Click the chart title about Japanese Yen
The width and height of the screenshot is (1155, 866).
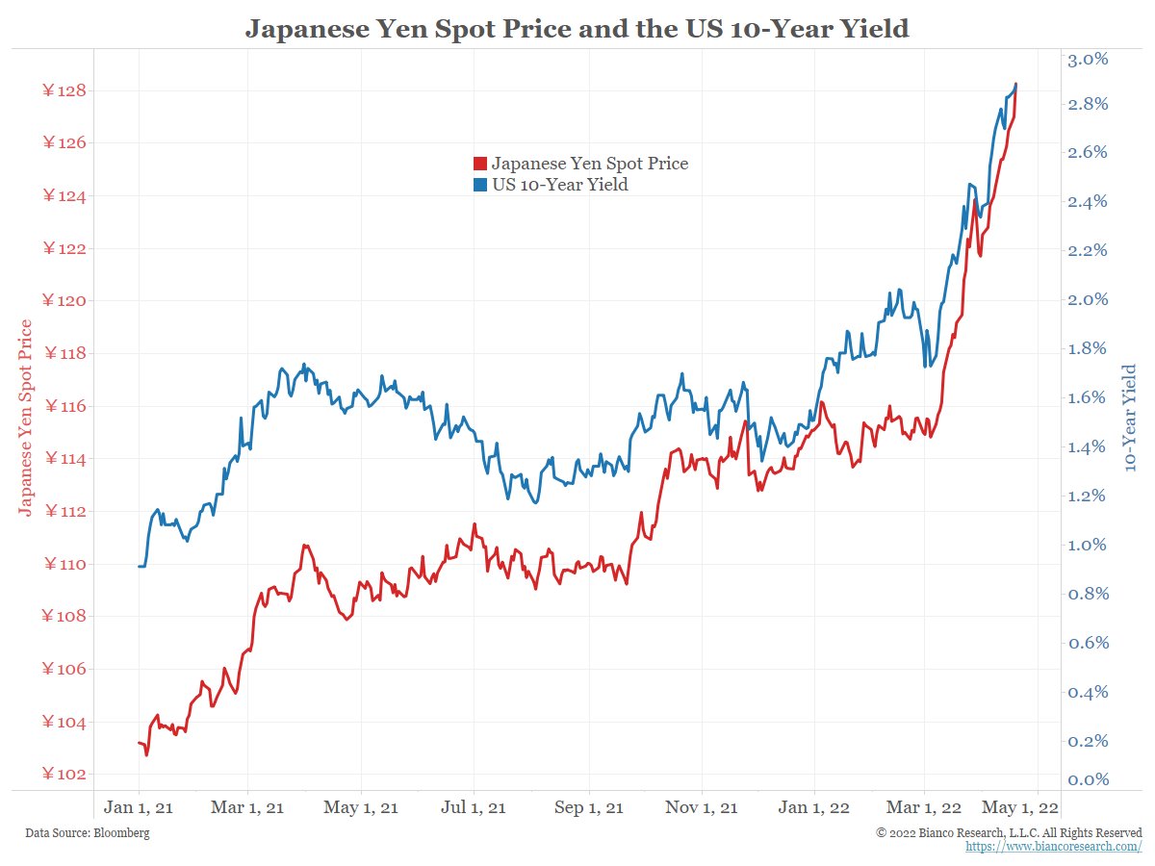[577, 29]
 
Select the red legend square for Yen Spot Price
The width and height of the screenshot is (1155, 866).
[480, 164]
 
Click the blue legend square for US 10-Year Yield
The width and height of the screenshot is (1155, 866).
[480, 185]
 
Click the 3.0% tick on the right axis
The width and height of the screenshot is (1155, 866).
[1089, 60]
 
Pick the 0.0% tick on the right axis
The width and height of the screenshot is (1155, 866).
[1089, 779]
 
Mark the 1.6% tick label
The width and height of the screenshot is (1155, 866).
[1089, 397]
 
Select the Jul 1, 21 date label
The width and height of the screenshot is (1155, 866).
[473, 807]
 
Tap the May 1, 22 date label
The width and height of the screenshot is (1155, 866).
[1020, 807]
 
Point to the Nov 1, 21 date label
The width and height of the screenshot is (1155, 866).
[702, 807]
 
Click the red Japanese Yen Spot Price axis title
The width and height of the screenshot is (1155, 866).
[26, 418]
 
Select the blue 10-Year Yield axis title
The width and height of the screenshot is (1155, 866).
[1130, 418]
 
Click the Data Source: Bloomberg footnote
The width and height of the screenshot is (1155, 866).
[88, 832]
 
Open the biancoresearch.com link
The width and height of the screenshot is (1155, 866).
[1054, 846]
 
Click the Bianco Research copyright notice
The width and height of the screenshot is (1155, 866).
[1010, 831]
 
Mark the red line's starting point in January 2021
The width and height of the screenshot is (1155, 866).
[139, 743]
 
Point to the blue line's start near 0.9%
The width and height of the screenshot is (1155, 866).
[139, 566]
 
